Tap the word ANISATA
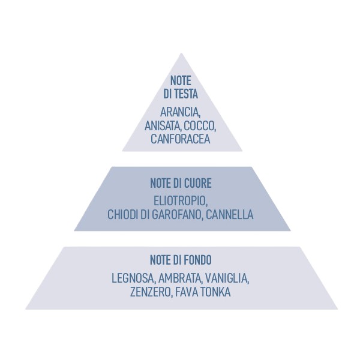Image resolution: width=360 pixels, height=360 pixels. (x=163, y=125)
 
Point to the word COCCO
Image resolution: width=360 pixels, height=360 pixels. (x=201, y=125)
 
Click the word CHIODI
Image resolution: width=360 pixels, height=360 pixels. (x=124, y=214)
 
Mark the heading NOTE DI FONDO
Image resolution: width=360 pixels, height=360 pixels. (x=180, y=260)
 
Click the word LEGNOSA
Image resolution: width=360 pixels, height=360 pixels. (x=134, y=279)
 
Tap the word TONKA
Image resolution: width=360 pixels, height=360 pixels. (x=214, y=292)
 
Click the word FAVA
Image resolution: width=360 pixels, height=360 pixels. (x=187, y=292)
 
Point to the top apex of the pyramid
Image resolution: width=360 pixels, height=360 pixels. (x=182, y=54)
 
